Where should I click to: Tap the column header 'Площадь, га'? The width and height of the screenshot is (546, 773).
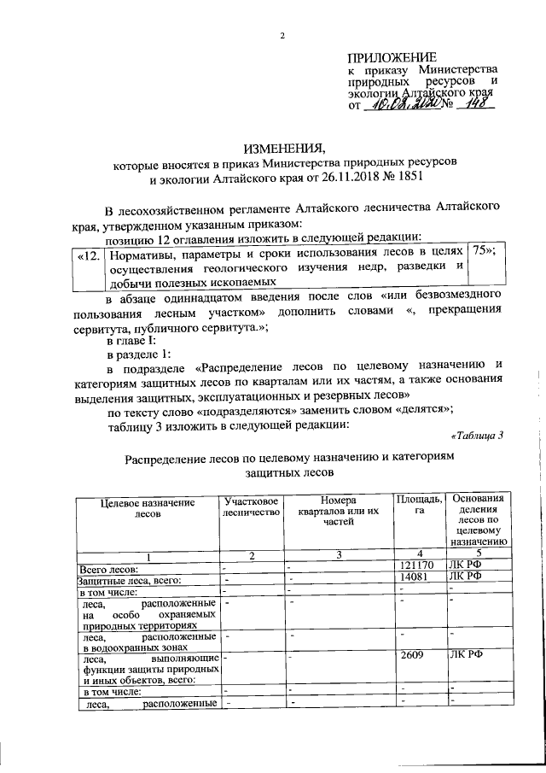(419, 505)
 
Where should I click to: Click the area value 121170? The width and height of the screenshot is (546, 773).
(416, 567)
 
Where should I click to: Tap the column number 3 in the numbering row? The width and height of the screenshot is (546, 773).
(338, 556)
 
